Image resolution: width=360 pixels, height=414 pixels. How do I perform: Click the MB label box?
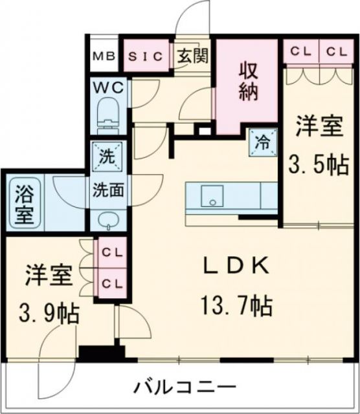103,56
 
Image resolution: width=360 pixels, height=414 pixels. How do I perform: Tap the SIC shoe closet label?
146,56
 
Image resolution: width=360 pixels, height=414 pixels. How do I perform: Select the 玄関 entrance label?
192,56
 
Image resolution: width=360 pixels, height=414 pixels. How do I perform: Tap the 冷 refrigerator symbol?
264,140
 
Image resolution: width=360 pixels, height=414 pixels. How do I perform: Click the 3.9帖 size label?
49,315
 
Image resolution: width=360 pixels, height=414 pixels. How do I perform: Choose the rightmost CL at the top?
335,52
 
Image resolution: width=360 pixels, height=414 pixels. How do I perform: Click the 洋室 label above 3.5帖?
318,126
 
